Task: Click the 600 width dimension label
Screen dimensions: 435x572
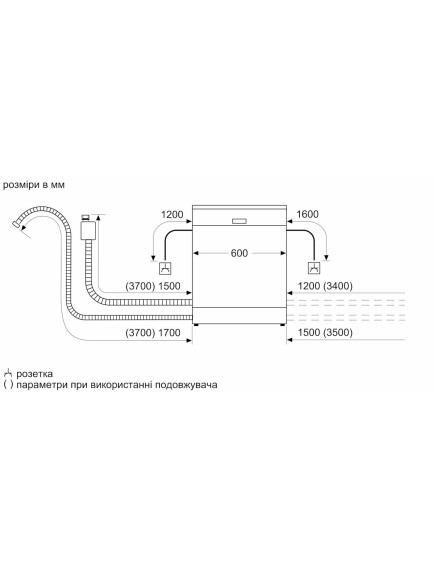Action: tap(239, 253)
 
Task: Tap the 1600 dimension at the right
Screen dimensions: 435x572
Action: tap(307, 214)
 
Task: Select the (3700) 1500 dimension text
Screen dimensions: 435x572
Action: tap(153, 286)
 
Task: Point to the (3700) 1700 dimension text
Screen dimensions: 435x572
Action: tap(153, 333)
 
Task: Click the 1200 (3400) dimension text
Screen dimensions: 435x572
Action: tap(325, 286)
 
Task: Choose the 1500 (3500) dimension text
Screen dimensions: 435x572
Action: tap(325, 333)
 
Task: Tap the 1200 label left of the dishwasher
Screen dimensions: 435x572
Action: tap(172, 214)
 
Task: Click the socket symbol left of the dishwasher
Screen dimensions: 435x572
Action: tap(166, 268)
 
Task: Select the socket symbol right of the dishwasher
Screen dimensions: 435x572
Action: tap(314, 268)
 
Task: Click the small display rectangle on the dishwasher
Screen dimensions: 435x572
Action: tap(239, 221)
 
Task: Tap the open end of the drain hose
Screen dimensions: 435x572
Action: tap(16, 224)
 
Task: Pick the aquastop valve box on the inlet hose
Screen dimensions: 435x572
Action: tap(88, 230)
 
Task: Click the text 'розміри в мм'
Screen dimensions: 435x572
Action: tap(34, 185)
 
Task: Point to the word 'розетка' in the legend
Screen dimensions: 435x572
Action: tap(35, 374)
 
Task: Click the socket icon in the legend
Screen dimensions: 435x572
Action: tap(8, 373)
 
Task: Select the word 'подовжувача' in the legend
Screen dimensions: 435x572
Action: tap(186, 385)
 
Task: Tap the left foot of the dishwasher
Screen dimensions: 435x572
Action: tap(197, 324)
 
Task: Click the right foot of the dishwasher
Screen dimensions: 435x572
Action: tap(283, 324)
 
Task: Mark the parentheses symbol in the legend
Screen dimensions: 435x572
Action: tap(8, 385)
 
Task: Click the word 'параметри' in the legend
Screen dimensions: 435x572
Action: tap(41, 385)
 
